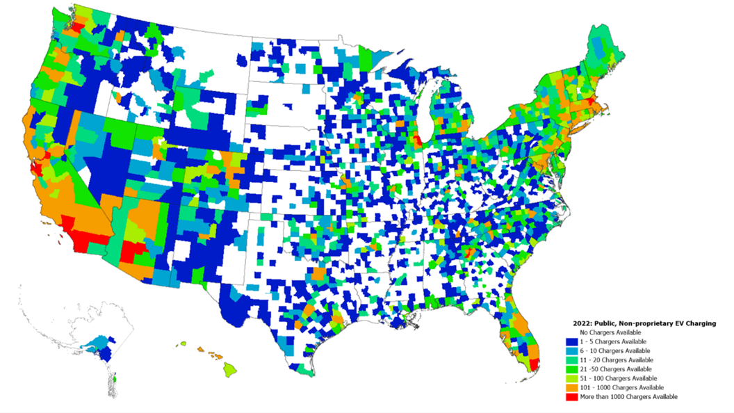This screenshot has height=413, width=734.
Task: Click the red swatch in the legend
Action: click(x=571, y=397)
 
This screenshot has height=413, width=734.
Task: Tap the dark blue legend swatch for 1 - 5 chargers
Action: click(x=571, y=342)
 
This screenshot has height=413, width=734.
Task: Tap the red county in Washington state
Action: click(x=78, y=27)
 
